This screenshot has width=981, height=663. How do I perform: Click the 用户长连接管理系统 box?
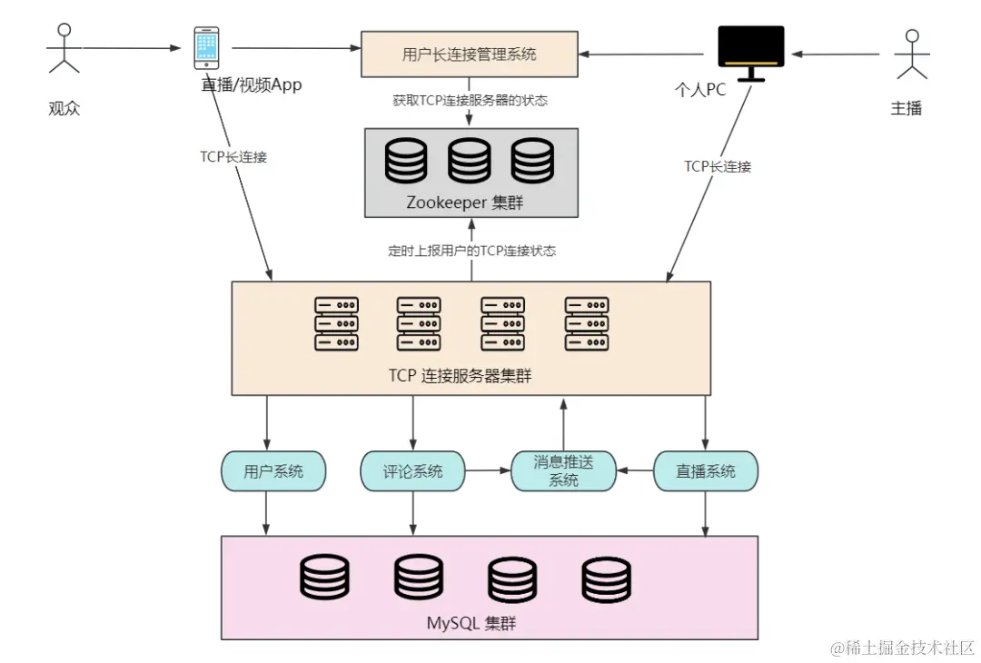click(x=470, y=54)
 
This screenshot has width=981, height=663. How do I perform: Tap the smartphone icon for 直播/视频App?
click(x=206, y=47)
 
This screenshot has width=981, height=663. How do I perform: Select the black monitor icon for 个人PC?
click(x=751, y=54)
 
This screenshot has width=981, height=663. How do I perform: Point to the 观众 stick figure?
click(x=64, y=49)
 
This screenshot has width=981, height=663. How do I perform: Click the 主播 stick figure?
click(x=912, y=54)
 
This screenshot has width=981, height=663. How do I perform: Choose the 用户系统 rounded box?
click(x=273, y=471)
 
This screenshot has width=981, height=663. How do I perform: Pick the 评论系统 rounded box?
click(x=413, y=471)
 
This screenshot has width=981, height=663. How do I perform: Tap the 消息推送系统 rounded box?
click(x=564, y=471)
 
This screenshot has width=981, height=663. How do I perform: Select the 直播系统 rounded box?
click(x=706, y=471)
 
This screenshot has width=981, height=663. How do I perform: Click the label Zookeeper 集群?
click(x=465, y=203)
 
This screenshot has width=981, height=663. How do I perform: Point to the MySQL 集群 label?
click(x=471, y=623)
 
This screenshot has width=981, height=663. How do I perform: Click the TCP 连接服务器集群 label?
click(x=460, y=375)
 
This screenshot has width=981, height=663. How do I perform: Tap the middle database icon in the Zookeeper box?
click(x=470, y=161)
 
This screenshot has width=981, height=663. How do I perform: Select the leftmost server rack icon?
click(x=337, y=323)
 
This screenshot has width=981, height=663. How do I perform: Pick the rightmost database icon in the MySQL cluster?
click(x=606, y=579)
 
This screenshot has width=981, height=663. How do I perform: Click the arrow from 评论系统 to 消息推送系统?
click(x=488, y=470)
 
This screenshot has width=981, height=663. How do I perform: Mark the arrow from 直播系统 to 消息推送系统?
click(x=635, y=470)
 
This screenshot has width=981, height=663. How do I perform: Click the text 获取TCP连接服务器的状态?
click(x=470, y=100)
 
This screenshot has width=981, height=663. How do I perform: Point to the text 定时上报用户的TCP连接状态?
click(x=471, y=251)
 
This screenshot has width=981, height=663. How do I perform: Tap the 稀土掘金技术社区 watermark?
click(x=902, y=648)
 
